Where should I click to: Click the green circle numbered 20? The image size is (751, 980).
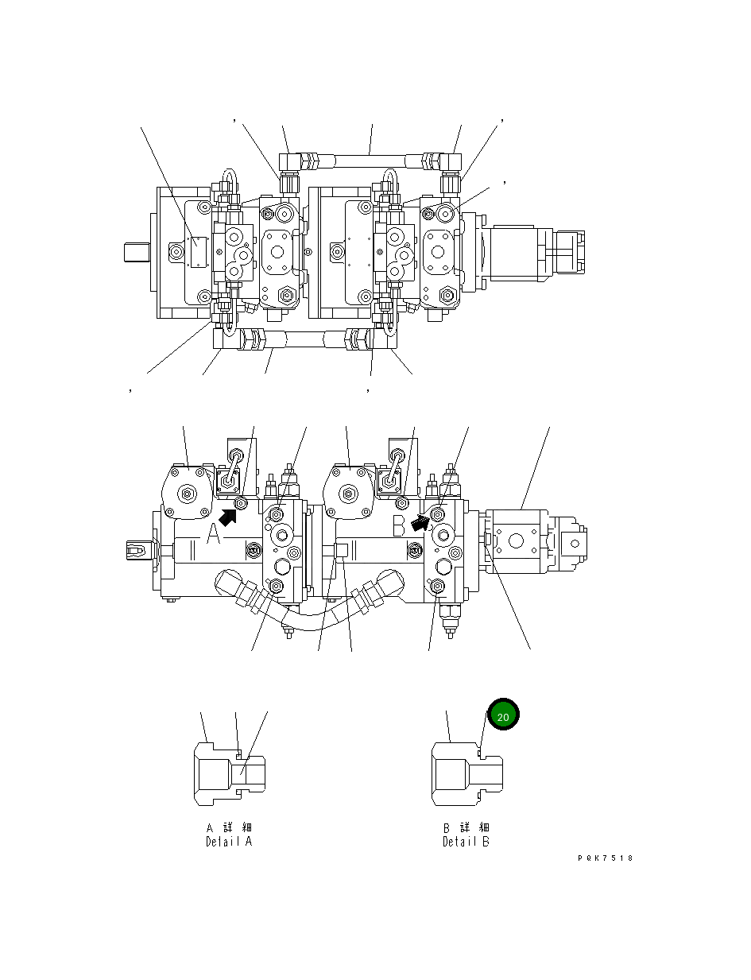click(x=502, y=715)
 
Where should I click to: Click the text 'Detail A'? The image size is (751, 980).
click(x=228, y=842)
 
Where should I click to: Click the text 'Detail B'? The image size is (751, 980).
click(x=466, y=842)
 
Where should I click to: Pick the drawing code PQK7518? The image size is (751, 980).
click(x=606, y=858)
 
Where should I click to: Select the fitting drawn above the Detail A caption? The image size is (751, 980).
click(x=230, y=772)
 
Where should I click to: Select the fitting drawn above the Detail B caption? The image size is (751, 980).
click(x=466, y=772)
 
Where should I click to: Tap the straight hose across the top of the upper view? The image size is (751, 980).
click(x=370, y=161)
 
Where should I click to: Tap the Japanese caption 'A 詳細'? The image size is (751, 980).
click(x=228, y=828)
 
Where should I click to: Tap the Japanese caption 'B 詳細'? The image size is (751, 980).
click(x=466, y=828)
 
